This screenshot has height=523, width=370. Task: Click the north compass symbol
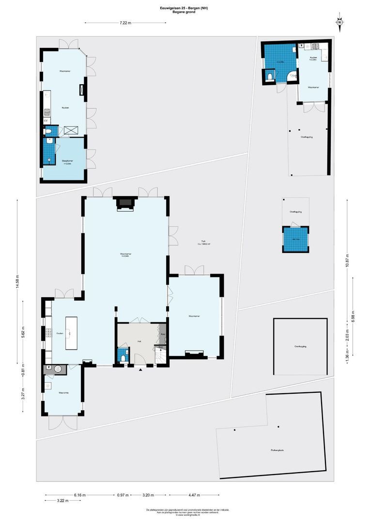340,22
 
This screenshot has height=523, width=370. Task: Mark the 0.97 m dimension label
123,495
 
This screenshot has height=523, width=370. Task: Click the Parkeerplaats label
277,450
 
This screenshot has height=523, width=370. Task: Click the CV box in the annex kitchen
46,120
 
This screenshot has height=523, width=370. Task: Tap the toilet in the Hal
123,358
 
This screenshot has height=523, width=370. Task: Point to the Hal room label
139,341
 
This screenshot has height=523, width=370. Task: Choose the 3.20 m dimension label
149,495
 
